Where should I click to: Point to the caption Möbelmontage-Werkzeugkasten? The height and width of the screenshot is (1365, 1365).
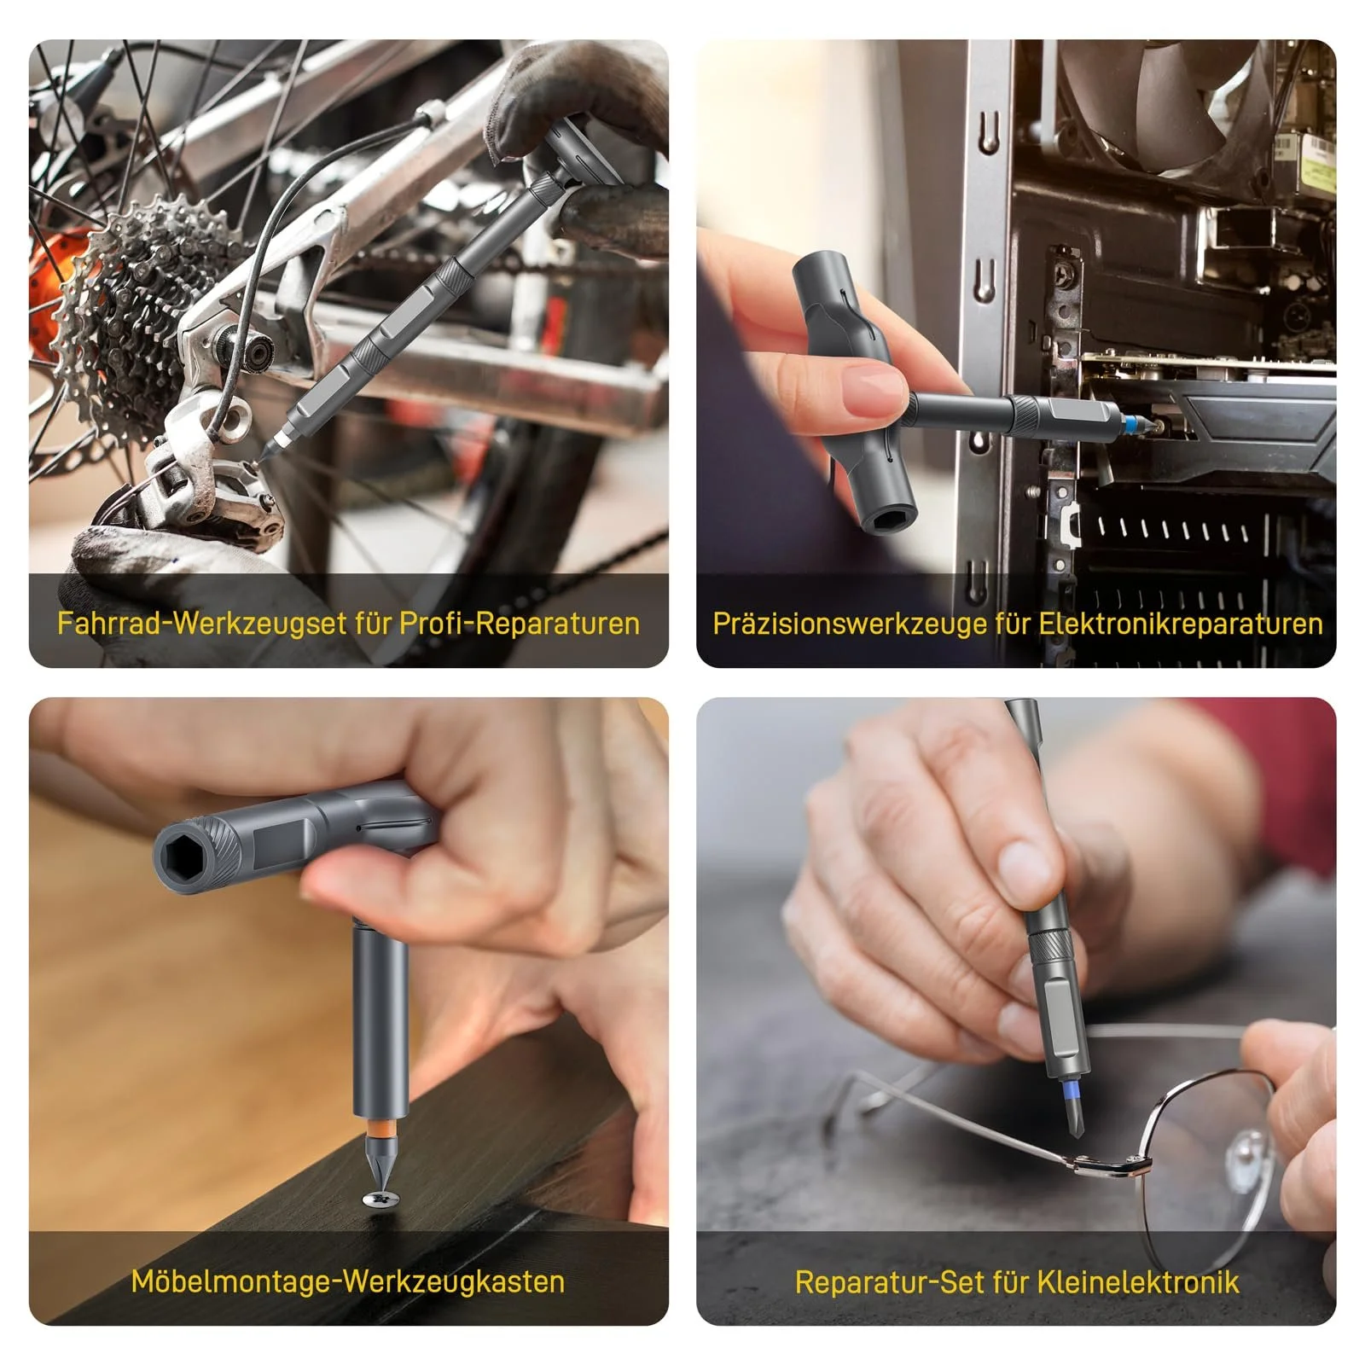pos(348,1281)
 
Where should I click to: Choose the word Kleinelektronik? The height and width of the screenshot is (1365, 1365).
pos(1137,1281)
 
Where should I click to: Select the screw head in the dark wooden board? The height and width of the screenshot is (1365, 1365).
pos(380,1199)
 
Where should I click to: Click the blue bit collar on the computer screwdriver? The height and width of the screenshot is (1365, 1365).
pos(1132,424)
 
